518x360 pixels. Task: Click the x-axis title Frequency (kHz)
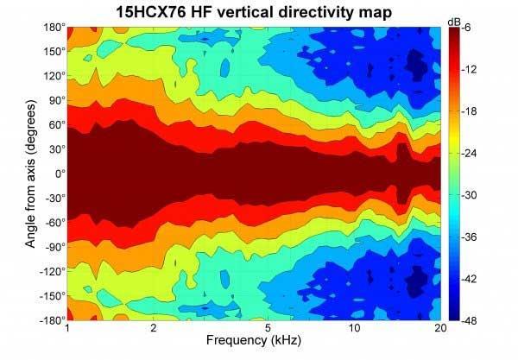254,344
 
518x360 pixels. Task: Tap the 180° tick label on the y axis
53,28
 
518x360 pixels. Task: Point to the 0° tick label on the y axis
58,174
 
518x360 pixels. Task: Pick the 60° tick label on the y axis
55,125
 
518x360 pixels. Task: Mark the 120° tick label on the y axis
53,76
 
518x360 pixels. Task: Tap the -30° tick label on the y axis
52,198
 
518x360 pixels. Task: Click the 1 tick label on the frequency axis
66,329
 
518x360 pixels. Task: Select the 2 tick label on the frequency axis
153,329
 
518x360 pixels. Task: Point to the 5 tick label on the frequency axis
268,329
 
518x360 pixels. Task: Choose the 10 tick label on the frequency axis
354,329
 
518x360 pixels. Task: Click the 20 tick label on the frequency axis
440,329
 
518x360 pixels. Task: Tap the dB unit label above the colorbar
454,20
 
